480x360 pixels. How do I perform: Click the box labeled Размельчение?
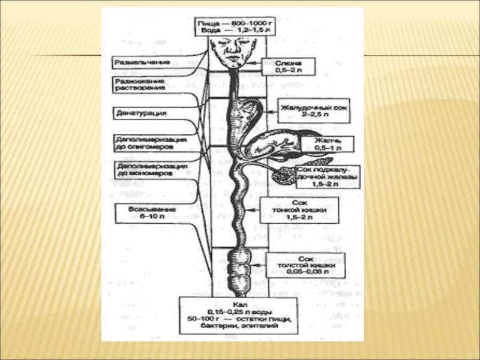(141, 62)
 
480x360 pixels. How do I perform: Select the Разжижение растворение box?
(141, 83)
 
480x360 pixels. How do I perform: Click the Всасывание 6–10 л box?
(143, 212)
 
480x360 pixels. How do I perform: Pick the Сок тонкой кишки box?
(298, 211)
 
